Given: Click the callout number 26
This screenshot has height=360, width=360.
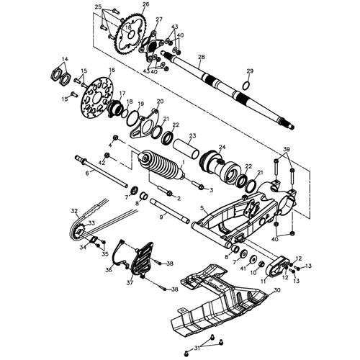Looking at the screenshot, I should pos(146,5).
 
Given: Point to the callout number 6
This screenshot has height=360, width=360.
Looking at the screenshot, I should pos(87,173).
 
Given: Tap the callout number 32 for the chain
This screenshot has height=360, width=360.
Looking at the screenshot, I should pos(74,211).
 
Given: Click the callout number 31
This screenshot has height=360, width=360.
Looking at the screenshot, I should pos(199,350).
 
